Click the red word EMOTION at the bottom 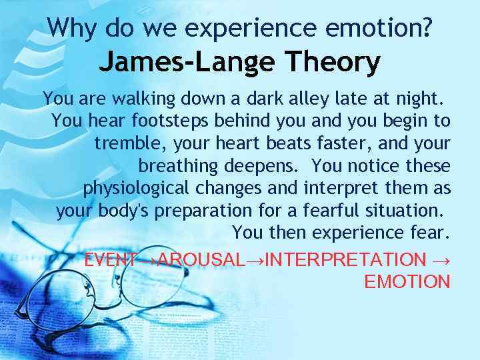[407, 282]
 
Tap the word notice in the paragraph [365, 166]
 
